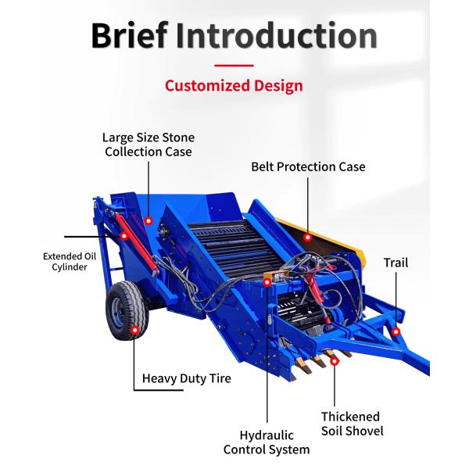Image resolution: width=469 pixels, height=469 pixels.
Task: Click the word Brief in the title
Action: pos(129,35)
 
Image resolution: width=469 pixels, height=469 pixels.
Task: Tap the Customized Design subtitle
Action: pos(234,85)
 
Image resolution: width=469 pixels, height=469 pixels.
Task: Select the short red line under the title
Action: pos(234,66)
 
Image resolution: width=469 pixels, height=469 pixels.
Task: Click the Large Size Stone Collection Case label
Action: pos(149,145)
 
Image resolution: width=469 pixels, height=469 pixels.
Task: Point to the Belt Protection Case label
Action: pos(308,166)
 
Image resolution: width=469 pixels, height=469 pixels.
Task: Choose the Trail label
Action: pos(396,263)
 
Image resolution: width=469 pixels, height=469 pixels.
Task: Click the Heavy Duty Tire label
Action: pos(186,379)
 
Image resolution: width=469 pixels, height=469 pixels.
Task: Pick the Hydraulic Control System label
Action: pos(267,442)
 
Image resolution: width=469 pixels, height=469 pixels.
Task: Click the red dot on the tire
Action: pos(134,331)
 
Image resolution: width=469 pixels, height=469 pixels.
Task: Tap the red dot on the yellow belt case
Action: pos(308,236)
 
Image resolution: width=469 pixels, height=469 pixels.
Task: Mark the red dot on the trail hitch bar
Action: pos(396,332)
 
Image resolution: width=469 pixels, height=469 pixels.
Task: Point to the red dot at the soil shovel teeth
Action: pos(335,360)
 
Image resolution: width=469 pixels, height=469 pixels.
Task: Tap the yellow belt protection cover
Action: pos(328,238)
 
